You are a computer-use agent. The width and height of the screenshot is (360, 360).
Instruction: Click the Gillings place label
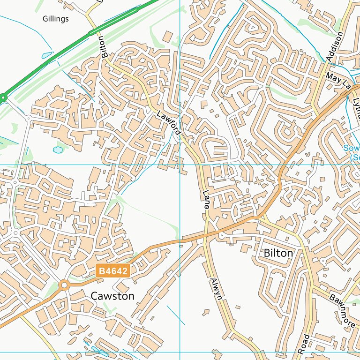[x=55, y=19]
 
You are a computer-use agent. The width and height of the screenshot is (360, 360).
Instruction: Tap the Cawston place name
[x=112, y=296]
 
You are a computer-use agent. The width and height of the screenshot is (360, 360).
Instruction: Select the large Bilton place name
[x=278, y=253]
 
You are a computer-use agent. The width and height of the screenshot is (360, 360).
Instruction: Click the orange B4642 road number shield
[x=112, y=271]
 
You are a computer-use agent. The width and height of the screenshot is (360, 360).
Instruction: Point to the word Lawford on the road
[x=168, y=121]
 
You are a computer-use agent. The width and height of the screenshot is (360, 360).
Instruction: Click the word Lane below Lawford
[x=206, y=199]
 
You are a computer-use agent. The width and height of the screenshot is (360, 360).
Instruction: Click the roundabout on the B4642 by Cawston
[x=64, y=285]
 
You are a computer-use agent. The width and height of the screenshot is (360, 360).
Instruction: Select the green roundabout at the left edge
[x=3, y=98]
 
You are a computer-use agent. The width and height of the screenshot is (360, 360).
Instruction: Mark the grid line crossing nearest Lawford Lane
[x=180, y=165]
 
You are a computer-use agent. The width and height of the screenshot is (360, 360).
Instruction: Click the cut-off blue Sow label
[x=352, y=148]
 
